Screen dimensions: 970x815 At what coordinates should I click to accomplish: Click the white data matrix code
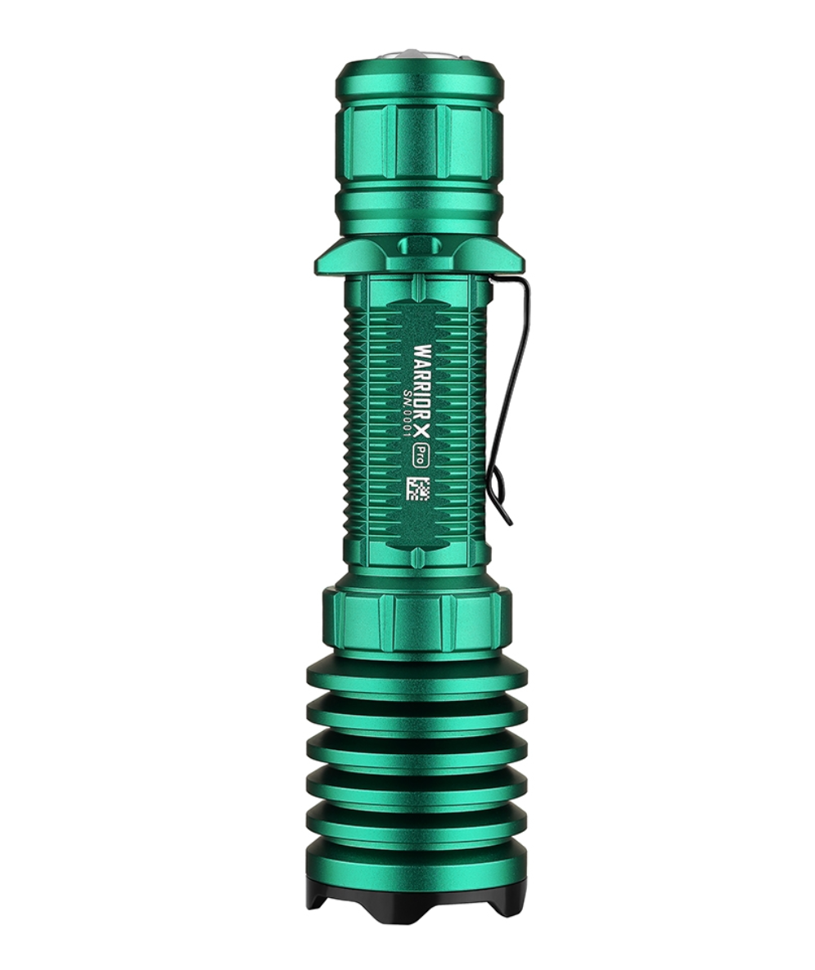420,487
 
